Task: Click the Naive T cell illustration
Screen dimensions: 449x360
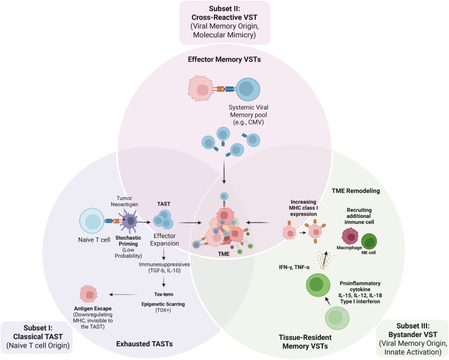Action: tap(92, 221)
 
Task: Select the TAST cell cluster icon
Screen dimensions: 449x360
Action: tap(163, 220)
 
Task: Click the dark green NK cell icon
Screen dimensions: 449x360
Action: tap(369, 242)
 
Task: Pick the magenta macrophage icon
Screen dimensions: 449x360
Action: tap(350, 237)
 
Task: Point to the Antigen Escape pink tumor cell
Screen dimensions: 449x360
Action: tap(89, 294)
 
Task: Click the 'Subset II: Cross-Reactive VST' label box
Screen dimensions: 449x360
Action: tap(224, 22)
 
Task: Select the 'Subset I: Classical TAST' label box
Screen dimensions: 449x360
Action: tap(36, 337)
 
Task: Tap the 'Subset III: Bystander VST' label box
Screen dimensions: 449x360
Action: tap(413, 339)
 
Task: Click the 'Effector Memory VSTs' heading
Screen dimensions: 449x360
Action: tap(224, 60)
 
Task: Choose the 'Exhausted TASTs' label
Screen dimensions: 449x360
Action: tap(145, 343)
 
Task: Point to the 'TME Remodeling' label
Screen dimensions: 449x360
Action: tap(355, 191)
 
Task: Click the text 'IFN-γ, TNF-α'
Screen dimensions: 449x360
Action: tap(294, 267)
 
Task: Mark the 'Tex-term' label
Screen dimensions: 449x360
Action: tap(164, 294)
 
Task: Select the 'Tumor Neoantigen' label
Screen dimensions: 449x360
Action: tap(124, 201)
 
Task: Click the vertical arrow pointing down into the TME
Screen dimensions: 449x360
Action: tap(224, 172)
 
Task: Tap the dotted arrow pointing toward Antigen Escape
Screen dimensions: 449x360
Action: tap(124, 294)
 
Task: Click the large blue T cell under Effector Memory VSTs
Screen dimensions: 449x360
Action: tap(248, 89)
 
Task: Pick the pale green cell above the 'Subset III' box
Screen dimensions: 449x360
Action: tap(337, 317)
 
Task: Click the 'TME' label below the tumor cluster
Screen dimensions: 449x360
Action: tap(224, 254)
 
